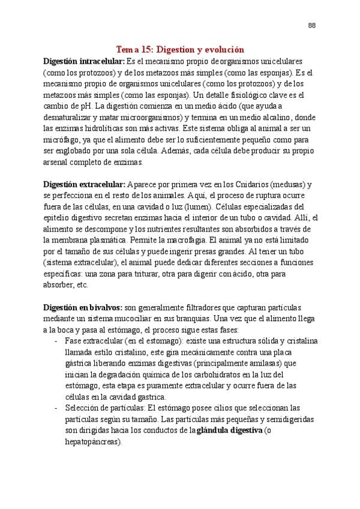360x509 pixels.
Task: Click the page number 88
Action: coord(311,25)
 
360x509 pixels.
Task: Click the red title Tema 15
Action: coord(181,51)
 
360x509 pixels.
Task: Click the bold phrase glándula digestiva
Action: coord(230,430)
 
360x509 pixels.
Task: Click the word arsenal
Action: coord(58,162)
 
